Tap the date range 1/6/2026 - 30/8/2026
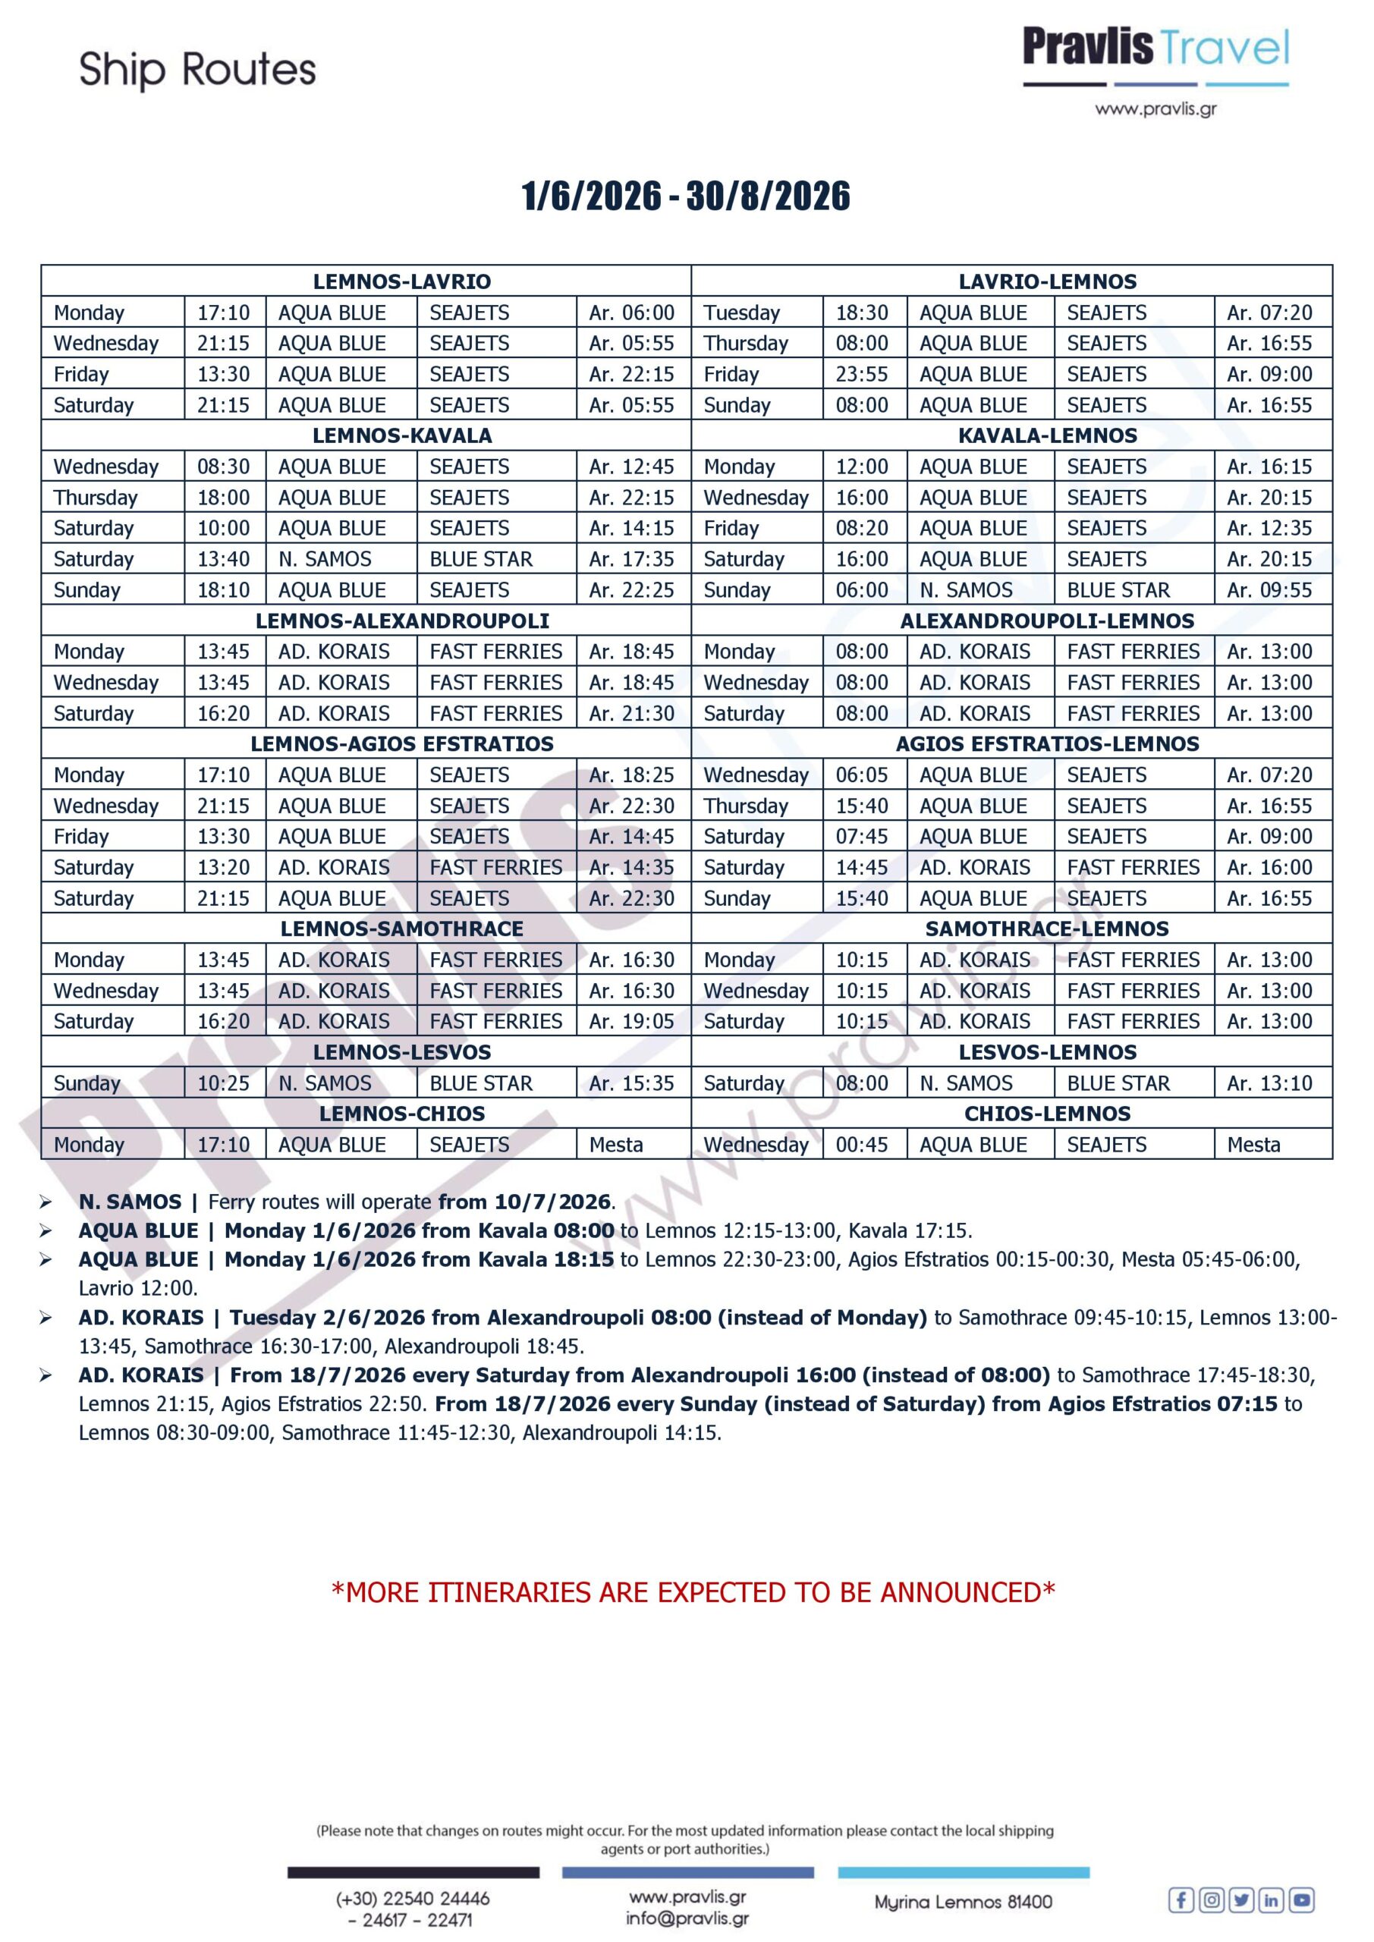point(686,196)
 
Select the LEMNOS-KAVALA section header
point(402,435)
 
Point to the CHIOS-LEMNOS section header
point(1048,1114)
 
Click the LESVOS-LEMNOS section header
point(1048,1052)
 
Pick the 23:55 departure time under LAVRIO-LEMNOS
point(862,374)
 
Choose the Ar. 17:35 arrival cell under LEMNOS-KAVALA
point(632,559)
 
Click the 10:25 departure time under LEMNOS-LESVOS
point(223,1083)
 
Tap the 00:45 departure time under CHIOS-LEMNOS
point(862,1145)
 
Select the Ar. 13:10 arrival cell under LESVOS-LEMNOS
point(1269,1083)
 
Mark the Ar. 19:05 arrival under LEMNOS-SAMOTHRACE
point(632,1022)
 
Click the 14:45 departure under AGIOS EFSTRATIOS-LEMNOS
point(862,868)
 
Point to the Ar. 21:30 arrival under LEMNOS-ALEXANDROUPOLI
point(632,714)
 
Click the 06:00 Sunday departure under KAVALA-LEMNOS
point(862,590)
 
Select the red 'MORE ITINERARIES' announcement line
point(693,1593)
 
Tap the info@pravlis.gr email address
point(687,1918)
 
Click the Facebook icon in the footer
point(1181,1900)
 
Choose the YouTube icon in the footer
point(1302,1900)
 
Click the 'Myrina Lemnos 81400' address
point(964,1903)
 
